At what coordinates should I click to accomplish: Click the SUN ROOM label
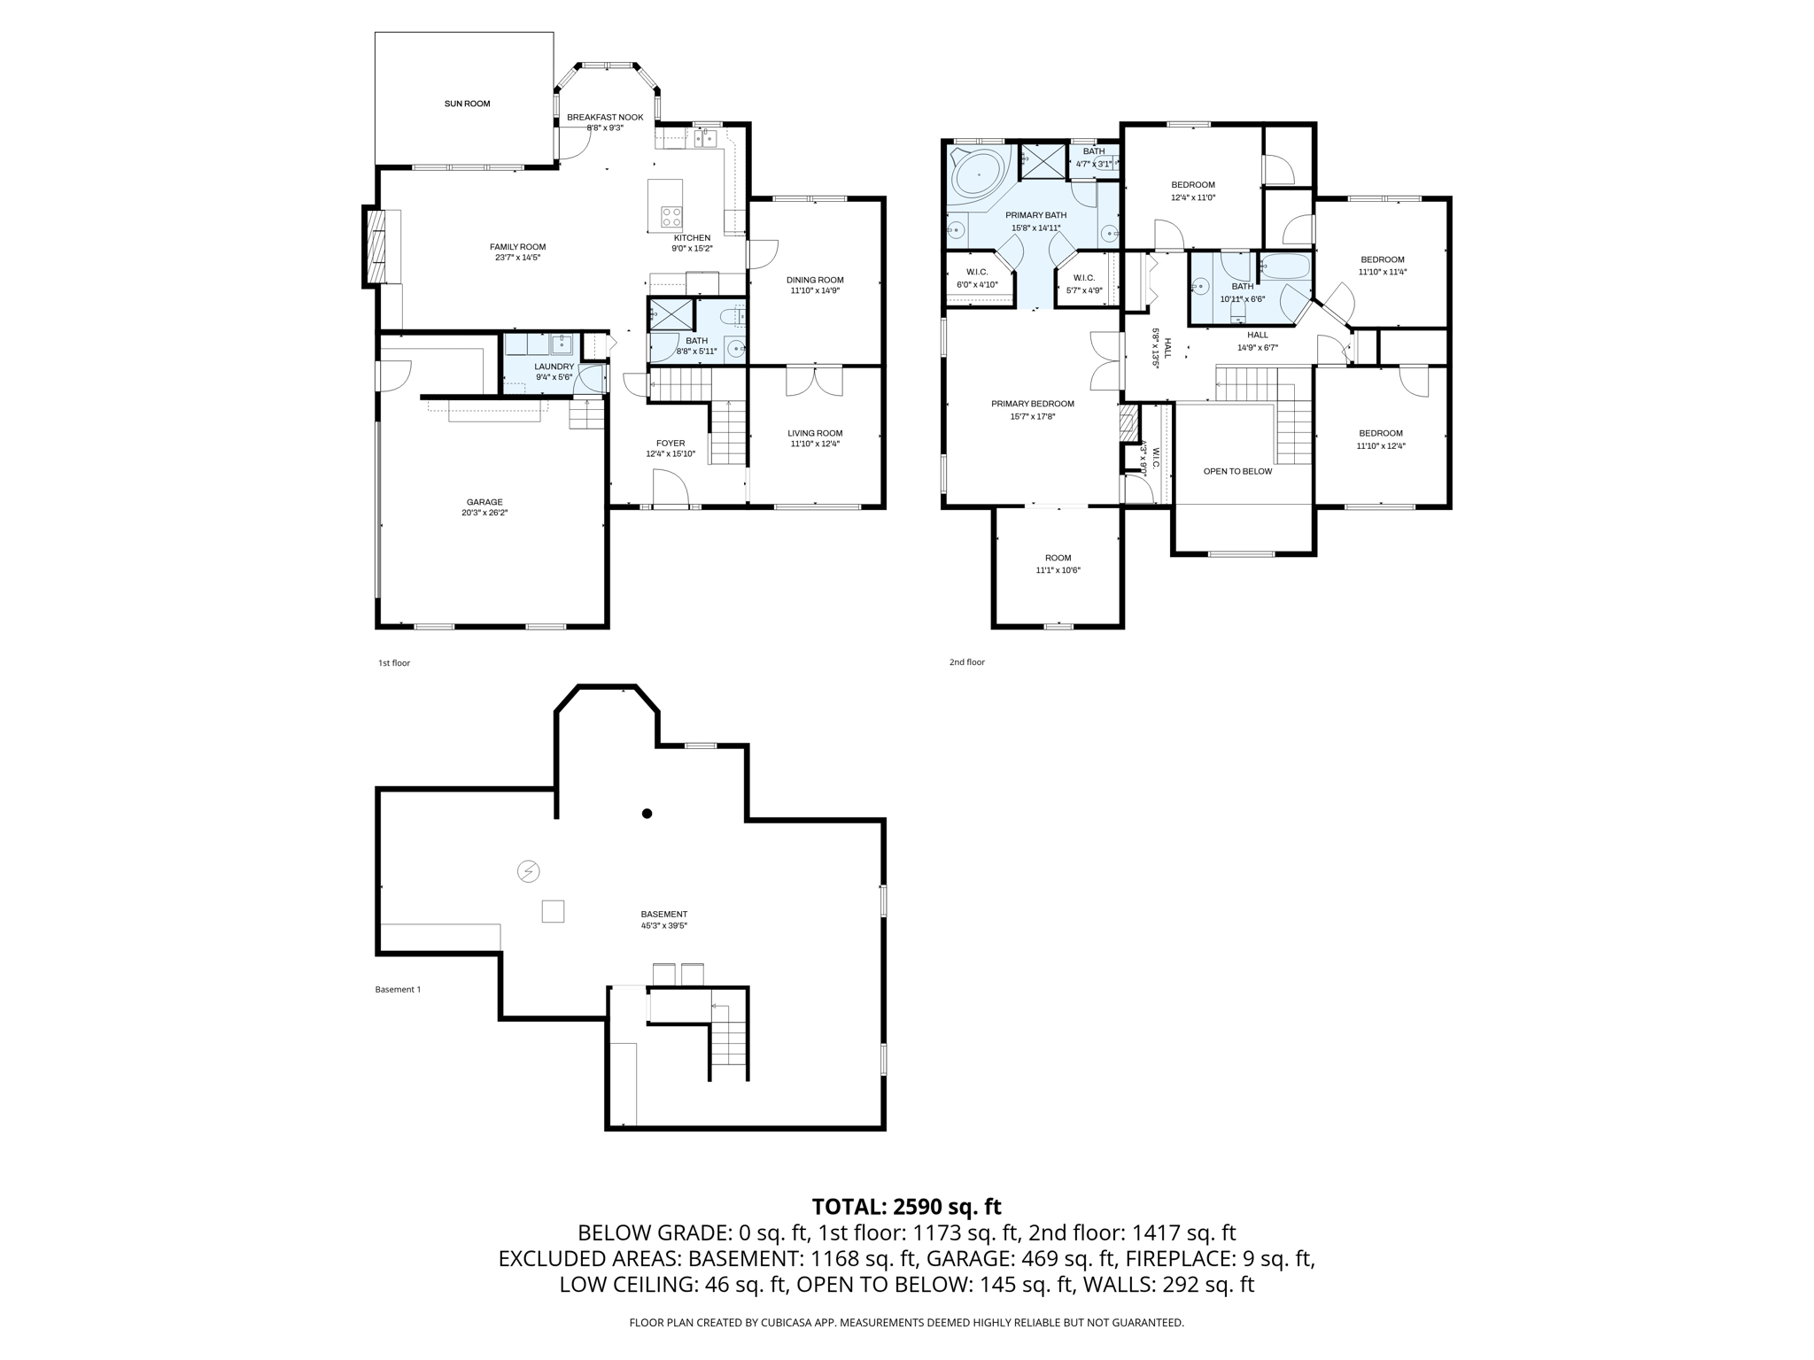[467, 104]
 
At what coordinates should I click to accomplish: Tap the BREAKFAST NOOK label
[605, 117]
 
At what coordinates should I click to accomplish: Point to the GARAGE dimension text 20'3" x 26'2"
[485, 513]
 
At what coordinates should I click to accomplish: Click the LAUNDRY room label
[554, 367]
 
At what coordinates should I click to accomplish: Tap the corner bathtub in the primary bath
[978, 175]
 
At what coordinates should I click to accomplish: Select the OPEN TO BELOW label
[1237, 471]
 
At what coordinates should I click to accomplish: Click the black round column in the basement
[647, 814]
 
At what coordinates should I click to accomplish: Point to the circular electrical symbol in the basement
[528, 871]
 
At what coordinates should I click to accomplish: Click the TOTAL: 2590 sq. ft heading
[906, 1207]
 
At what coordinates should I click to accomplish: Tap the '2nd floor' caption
[966, 662]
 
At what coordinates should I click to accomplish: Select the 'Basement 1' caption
[398, 989]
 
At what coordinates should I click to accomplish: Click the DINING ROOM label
[815, 280]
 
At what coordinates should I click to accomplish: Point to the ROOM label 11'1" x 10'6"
[1058, 558]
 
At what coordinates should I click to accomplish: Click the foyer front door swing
[671, 487]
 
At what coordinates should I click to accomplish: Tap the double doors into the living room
[815, 381]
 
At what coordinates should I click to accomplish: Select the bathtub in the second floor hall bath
[1284, 267]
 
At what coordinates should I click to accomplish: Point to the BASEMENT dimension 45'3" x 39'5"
[664, 925]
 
